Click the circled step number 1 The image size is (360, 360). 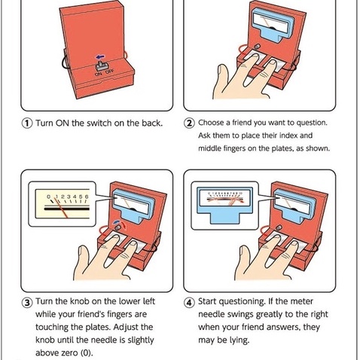pyautogui.click(x=27, y=124)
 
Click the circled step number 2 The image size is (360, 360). pyautogui.click(x=190, y=124)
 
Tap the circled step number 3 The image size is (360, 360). pyautogui.click(x=27, y=302)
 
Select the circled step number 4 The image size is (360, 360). pyautogui.click(x=190, y=302)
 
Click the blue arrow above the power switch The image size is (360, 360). pyautogui.click(x=100, y=56)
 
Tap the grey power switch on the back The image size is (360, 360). pyautogui.click(x=101, y=66)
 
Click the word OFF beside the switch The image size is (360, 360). pyautogui.click(x=110, y=72)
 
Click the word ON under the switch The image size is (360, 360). pyautogui.click(x=99, y=74)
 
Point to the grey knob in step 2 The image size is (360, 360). pyautogui.click(x=257, y=47)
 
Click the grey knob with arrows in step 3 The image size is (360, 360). pyautogui.click(x=117, y=227)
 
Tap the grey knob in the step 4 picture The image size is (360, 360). pyautogui.click(x=279, y=227)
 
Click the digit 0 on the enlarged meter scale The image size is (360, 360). pyautogui.click(x=49, y=197)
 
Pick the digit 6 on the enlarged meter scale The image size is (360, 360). pyautogui.click(x=87, y=197)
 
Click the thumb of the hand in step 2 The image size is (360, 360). pyautogui.click(x=221, y=78)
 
